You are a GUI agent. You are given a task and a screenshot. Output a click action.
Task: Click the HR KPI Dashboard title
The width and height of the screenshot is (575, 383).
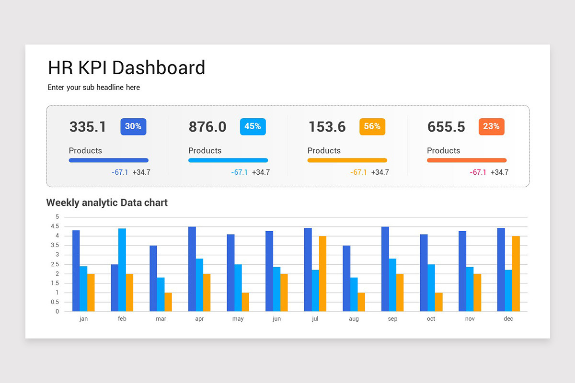[126, 68]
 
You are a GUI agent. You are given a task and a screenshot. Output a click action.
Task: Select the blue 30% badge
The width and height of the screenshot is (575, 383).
[133, 126]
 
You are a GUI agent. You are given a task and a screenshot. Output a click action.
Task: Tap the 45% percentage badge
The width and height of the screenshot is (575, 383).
[253, 126]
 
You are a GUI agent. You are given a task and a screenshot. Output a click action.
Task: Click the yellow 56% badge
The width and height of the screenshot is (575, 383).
[372, 126]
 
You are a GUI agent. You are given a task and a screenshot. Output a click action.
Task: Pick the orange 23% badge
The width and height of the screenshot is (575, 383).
[491, 126]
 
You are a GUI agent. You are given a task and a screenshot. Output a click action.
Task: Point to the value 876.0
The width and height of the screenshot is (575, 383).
[207, 127]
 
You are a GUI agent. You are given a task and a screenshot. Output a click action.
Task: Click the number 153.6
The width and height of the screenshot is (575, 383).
[327, 127]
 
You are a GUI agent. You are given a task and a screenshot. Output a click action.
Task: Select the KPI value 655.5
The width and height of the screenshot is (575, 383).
[446, 127]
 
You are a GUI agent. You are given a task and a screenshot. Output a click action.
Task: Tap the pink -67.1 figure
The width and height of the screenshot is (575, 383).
[478, 172]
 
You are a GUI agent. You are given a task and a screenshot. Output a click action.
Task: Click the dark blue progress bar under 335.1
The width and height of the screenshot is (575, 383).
[109, 160]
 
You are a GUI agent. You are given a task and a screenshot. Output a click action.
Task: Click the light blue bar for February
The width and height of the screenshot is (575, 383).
[122, 270]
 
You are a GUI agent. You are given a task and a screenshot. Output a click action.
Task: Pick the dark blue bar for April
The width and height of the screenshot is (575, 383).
[192, 269]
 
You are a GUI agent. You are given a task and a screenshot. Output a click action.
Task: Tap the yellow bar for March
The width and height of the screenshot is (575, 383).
[168, 302]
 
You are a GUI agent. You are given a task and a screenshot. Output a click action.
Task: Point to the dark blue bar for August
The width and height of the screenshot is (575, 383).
[346, 279]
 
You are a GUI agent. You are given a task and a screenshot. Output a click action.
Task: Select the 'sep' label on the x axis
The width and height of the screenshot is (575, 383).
[392, 319]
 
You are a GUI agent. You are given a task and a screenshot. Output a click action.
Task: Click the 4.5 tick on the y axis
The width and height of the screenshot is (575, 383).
[56, 226]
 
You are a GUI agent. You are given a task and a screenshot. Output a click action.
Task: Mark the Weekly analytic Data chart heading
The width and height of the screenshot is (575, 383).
[107, 203]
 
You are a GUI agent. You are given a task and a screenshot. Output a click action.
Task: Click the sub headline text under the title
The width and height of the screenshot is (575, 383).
[94, 88]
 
